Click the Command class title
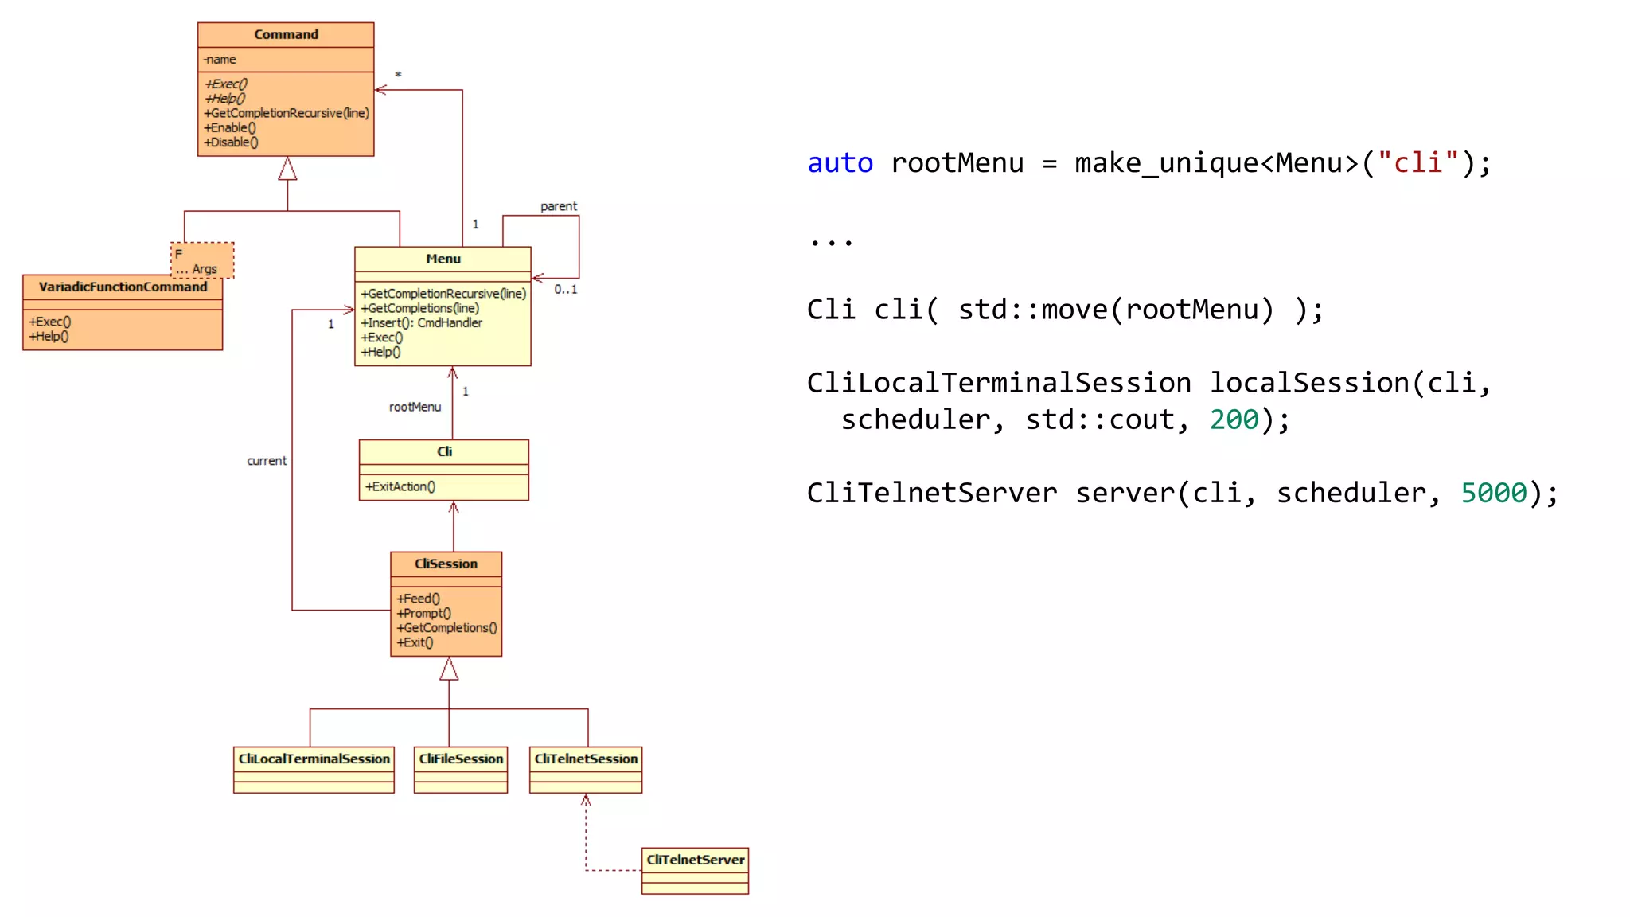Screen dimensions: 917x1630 pyautogui.click(x=286, y=34)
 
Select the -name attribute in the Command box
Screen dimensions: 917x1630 pyautogui.click(x=220, y=59)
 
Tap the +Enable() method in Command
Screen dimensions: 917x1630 pyautogui.click(x=230, y=127)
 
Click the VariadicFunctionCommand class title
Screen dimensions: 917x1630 pyautogui.click(x=123, y=287)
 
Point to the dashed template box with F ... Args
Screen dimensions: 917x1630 pyautogui.click(x=203, y=259)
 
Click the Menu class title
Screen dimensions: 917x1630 pyautogui.click(x=443, y=259)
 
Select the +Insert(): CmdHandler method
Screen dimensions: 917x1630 pyautogui.click(x=421, y=322)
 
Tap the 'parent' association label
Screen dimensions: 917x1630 pyautogui.click(x=559, y=206)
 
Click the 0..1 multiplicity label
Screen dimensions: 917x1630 pyautogui.click(x=566, y=289)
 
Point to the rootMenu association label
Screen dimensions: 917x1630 pyautogui.click(x=415, y=407)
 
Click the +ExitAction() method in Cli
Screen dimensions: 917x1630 pyautogui.click(x=400, y=486)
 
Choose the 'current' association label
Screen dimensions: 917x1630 pyautogui.click(x=267, y=461)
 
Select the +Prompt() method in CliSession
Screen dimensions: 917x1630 pyautogui.click(x=423, y=613)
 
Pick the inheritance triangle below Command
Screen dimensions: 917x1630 pyautogui.click(x=287, y=169)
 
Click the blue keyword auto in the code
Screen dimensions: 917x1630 pyautogui.click(x=840, y=163)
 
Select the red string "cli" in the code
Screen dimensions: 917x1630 pyautogui.click(x=1417, y=163)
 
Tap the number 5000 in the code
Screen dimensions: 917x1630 pyautogui.click(x=1494, y=493)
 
